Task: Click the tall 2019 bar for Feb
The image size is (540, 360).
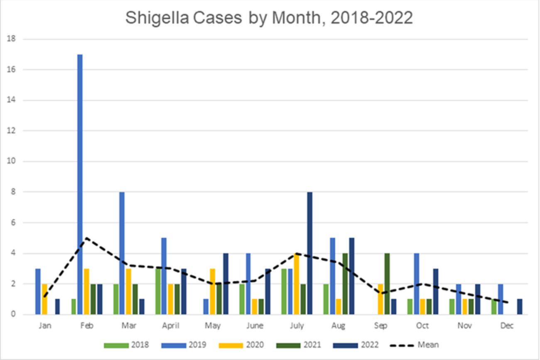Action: coord(80,184)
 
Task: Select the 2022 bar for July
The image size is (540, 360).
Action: coord(309,253)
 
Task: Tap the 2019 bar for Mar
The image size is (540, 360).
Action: coord(122,253)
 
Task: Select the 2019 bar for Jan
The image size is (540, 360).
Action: coord(38,291)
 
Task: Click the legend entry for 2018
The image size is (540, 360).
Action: coord(127,345)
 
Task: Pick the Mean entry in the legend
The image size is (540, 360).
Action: coord(415,345)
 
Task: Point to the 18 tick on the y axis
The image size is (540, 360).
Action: coord(14,39)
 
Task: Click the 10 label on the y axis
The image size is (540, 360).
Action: coord(14,162)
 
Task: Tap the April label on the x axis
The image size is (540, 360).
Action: coord(170,326)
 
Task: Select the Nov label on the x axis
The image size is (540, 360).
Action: coord(464,326)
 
